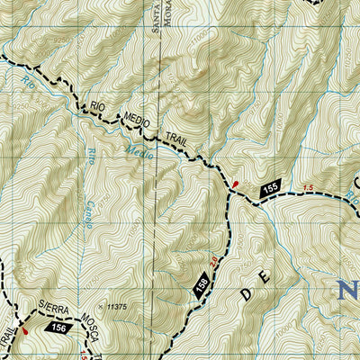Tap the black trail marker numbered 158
[x=202, y=284]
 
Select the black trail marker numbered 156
[x=59, y=329]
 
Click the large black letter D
[x=247, y=292]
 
